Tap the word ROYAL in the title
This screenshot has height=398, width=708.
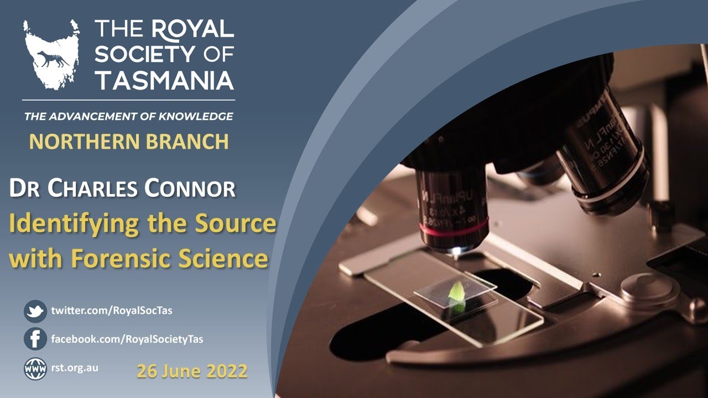click(x=192, y=29)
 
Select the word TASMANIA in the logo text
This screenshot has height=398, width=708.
click(x=164, y=80)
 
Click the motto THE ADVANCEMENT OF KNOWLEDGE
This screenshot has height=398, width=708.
click(x=128, y=117)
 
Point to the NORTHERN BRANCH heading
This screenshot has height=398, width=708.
click(x=128, y=142)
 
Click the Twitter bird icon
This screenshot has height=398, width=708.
click(x=35, y=311)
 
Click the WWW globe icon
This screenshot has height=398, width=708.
click(x=35, y=368)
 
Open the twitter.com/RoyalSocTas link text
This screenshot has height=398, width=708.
click(x=112, y=311)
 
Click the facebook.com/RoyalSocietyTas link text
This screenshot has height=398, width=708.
click(x=127, y=339)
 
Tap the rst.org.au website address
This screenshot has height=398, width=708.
click(x=75, y=367)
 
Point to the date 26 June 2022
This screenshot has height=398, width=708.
click(x=192, y=371)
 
